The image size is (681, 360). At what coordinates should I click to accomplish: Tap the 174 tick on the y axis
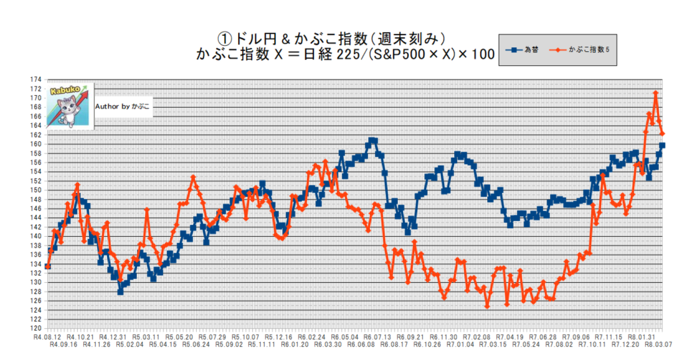(x=35, y=79)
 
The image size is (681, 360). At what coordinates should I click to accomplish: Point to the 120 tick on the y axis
(x=35, y=328)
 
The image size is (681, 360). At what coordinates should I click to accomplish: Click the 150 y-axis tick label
(x=35, y=190)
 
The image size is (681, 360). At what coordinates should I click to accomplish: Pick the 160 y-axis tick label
(x=35, y=144)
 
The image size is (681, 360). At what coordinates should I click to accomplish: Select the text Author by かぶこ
(x=122, y=106)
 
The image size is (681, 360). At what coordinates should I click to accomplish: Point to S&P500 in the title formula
(x=392, y=55)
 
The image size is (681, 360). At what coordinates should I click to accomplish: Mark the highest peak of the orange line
(x=656, y=93)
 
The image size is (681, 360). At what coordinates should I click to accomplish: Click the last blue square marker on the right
(x=662, y=145)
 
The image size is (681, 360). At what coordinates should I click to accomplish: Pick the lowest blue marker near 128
(x=120, y=291)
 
